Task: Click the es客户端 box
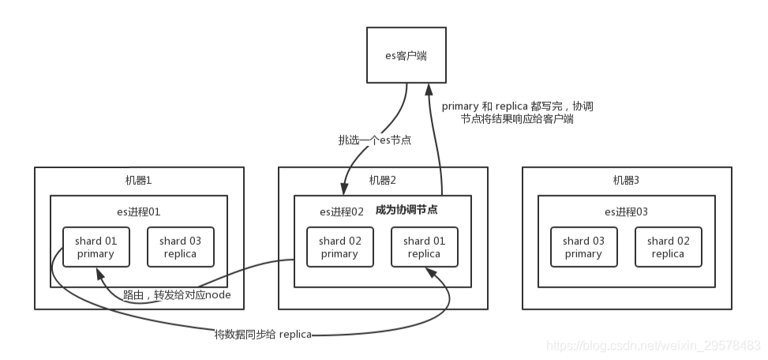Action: point(406,54)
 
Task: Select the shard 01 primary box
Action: point(96,247)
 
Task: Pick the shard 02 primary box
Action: point(339,247)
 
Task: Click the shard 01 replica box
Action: point(423,247)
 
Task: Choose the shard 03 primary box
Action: point(583,247)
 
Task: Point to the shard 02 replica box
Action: point(667,247)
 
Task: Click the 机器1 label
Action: point(139,180)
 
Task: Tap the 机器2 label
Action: point(383,180)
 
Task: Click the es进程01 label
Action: point(139,211)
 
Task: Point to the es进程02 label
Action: point(341,212)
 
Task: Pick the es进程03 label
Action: point(626,211)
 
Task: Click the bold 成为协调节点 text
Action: point(417,210)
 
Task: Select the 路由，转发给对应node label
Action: point(182,294)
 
